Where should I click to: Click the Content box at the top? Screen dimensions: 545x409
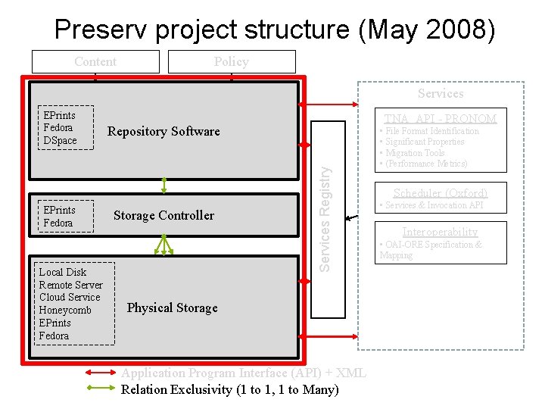click(x=95, y=61)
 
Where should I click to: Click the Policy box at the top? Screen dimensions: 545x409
click(x=231, y=61)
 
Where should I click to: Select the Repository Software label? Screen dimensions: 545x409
click(x=163, y=131)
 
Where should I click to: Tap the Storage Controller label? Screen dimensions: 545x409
click(x=163, y=215)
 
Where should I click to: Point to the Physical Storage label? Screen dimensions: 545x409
click(x=172, y=308)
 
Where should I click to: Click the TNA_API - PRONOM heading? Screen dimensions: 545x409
click(x=440, y=118)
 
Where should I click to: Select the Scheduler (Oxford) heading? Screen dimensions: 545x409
click(x=441, y=193)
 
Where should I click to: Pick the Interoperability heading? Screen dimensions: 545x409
click(x=440, y=232)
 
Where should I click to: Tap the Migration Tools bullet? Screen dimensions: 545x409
click(x=415, y=153)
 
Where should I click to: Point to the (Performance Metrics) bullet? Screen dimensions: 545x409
click(x=426, y=164)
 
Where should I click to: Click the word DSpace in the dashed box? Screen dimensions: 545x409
click(x=61, y=140)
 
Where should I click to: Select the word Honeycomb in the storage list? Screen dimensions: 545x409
click(x=65, y=310)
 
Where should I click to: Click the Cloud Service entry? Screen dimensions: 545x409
click(x=70, y=297)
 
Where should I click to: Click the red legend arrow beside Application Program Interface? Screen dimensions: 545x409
click(x=101, y=373)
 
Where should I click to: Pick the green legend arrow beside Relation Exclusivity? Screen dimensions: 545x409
click(x=101, y=389)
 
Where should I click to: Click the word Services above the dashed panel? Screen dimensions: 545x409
click(x=441, y=93)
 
